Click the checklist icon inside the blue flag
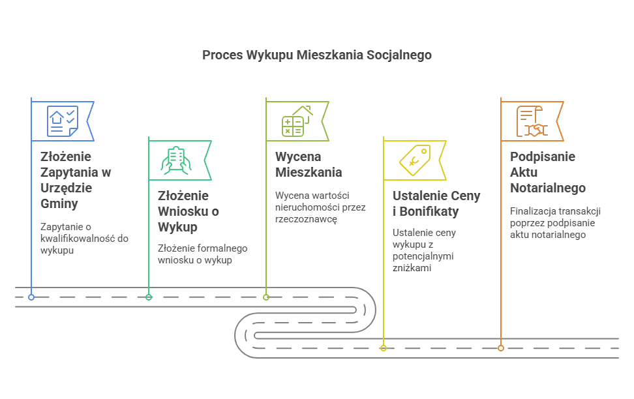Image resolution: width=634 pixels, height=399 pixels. click(x=64, y=121)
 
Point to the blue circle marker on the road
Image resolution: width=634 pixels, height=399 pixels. click(x=31, y=297)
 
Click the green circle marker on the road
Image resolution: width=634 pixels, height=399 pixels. click(x=149, y=297)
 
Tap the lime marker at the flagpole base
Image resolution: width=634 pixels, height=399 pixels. click(x=265, y=297)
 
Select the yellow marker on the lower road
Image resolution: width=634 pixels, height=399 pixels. click(x=384, y=348)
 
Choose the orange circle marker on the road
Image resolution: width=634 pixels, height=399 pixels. click(x=500, y=348)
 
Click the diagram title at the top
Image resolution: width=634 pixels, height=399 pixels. click(x=316, y=57)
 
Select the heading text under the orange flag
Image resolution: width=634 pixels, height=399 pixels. click(x=547, y=173)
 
